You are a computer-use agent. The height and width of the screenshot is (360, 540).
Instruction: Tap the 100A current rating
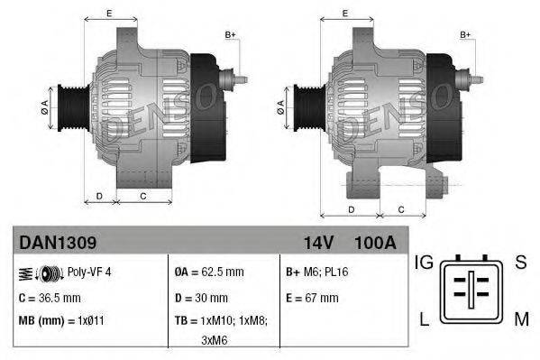375,243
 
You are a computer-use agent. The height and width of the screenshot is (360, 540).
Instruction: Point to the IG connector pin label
425,263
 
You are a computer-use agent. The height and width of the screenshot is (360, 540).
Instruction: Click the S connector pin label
521,263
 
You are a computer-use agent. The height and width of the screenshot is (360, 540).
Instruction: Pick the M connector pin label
521,319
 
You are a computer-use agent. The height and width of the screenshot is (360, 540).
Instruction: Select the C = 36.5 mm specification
50,297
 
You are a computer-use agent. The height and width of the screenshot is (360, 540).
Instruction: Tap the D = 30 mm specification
200,297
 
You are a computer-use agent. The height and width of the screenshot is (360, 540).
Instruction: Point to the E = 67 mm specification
312,297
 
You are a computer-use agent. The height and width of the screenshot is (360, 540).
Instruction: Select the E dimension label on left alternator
109,13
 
